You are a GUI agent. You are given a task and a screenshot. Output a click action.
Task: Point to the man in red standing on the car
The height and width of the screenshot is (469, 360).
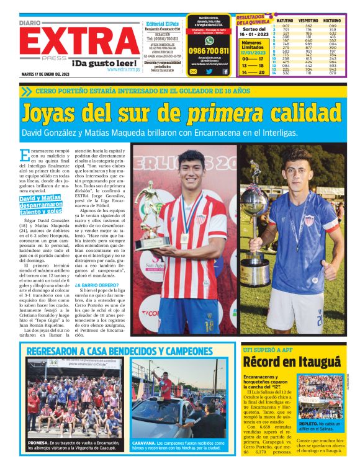[166, 385]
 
